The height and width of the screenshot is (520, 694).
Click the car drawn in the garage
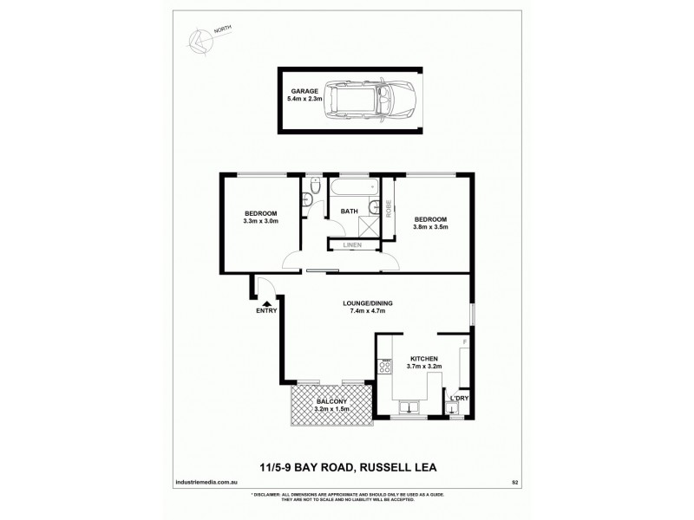tap(383, 101)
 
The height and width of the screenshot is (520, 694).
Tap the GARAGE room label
tap(304, 91)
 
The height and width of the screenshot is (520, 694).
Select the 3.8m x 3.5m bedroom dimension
tap(431, 227)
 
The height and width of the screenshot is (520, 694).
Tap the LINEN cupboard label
tap(353, 245)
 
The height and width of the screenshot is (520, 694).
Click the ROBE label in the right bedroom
tap(389, 208)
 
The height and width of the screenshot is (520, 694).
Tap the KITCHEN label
tap(424, 358)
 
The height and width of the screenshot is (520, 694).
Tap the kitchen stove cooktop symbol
tap(384, 367)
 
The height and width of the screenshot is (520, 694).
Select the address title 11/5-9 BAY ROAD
tap(347, 468)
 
